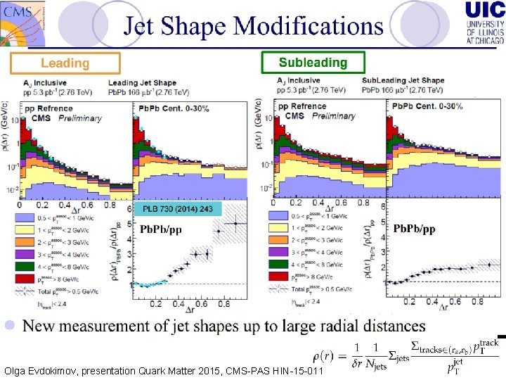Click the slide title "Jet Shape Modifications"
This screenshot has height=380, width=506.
pyautogui.click(x=254, y=26)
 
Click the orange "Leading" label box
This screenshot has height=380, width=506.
pyautogui.click(x=65, y=63)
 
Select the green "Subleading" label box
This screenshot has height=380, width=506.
pyautogui.click(x=313, y=63)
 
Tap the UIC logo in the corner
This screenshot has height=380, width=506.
pyautogui.click(x=484, y=23)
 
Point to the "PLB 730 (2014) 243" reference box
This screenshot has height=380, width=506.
pyautogui.click(x=178, y=209)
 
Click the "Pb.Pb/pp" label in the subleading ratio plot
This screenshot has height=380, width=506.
pyautogui.click(x=414, y=229)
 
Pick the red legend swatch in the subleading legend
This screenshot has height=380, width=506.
pyautogui.click(x=278, y=278)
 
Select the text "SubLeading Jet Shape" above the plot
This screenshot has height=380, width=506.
pyautogui.click(x=403, y=81)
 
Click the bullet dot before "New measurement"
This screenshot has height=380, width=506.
pyautogui.click(x=10, y=326)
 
